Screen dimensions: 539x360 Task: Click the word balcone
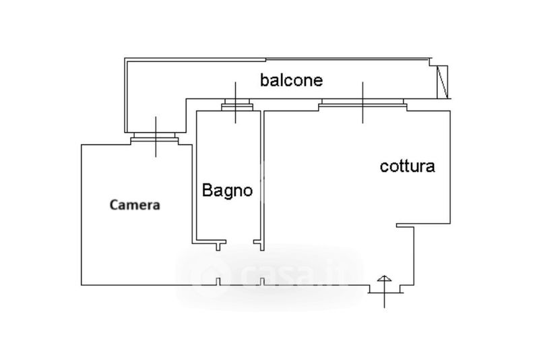click(291, 80)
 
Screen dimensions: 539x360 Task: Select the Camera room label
click(135, 205)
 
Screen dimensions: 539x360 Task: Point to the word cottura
click(408, 167)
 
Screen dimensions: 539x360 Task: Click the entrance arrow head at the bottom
click(384, 278)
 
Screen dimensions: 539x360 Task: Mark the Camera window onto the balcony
click(154, 138)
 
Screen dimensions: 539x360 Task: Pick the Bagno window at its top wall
click(237, 104)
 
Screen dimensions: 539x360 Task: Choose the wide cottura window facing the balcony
click(362, 104)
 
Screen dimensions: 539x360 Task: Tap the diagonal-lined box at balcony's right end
click(443, 82)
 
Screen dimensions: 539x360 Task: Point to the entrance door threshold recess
click(385, 289)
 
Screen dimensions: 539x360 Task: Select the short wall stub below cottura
click(406, 225)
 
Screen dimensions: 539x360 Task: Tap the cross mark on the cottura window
click(362, 103)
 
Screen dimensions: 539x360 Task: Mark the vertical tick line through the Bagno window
click(235, 102)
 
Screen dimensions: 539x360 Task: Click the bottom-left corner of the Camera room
click(82, 285)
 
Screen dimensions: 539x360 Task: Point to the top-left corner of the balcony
click(125, 58)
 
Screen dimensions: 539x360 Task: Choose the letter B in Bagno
click(207, 190)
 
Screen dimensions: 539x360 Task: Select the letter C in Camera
click(114, 205)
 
